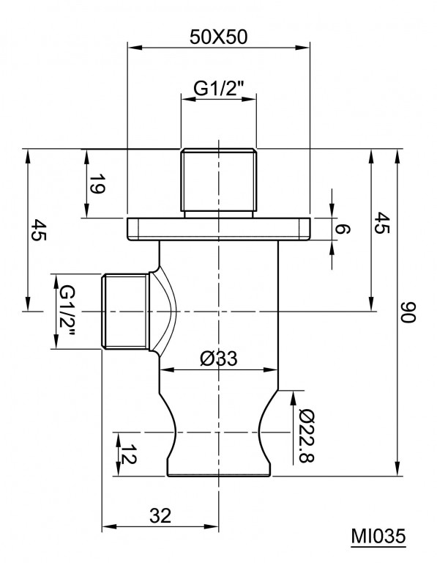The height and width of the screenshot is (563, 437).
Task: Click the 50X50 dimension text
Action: coord(218,37)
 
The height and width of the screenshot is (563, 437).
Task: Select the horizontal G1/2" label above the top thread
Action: coord(219,88)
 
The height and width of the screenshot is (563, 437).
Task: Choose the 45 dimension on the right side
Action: coord(381,223)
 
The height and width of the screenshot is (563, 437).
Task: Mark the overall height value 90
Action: coord(408,312)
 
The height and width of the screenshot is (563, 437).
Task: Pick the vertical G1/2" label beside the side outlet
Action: coord(67,311)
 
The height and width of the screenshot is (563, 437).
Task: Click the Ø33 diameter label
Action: coord(219,358)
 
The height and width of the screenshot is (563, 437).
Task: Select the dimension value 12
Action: coord(129,454)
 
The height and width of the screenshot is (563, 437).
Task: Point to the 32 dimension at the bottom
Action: coord(160,516)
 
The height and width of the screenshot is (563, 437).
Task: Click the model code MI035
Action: coord(378,537)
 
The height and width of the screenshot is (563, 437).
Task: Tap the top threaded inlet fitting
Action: coord(219,182)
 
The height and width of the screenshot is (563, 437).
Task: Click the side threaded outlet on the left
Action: coord(125,312)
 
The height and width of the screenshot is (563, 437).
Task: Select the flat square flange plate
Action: coord(219,229)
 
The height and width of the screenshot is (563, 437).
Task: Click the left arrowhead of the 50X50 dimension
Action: coord(135,48)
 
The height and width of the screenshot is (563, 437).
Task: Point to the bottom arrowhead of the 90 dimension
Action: coord(397,468)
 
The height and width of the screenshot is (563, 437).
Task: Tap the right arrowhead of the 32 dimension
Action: coord(211,527)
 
